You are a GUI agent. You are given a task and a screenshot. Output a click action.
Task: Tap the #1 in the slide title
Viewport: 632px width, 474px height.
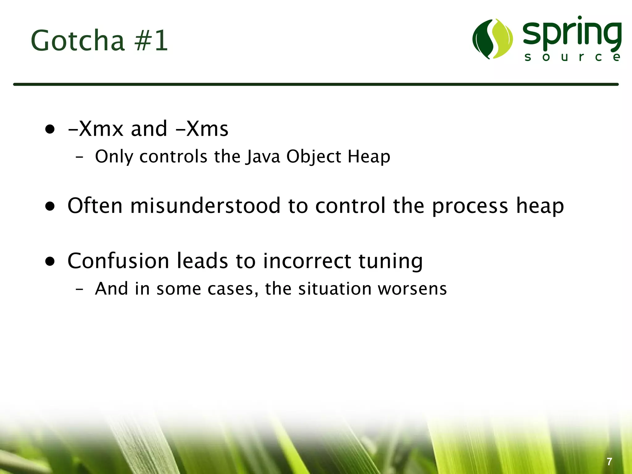(x=151, y=41)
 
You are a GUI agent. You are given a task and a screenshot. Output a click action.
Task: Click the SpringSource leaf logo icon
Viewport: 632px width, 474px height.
(x=492, y=39)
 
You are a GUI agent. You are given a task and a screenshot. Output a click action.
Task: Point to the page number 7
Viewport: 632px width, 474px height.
(x=609, y=462)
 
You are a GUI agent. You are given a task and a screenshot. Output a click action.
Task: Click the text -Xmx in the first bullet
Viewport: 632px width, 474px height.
(x=96, y=129)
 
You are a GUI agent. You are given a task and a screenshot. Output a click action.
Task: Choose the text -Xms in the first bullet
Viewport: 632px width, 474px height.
(x=202, y=129)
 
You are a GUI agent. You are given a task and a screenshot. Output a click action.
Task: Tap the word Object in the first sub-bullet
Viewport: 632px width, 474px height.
(x=314, y=156)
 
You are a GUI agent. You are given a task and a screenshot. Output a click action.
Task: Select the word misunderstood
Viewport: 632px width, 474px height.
(x=205, y=206)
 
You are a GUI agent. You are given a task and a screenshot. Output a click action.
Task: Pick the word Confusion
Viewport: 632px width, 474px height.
(x=118, y=261)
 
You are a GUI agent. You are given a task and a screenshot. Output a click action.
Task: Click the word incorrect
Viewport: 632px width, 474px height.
(x=307, y=261)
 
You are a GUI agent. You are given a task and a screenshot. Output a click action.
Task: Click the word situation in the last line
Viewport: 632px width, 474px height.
(x=335, y=289)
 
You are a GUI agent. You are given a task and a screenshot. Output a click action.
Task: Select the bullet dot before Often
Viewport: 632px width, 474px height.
(x=50, y=206)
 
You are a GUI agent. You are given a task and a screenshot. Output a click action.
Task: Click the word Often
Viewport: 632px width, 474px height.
(x=95, y=206)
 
